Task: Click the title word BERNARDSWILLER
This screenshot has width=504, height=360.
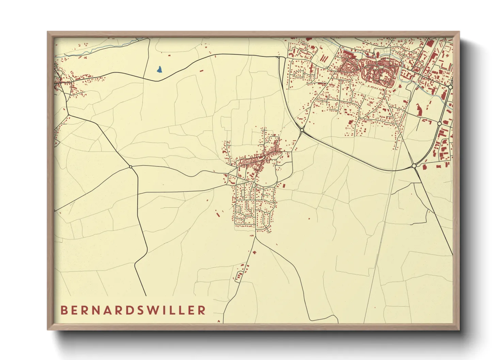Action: pos(133,310)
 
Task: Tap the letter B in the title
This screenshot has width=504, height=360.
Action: pos(64,310)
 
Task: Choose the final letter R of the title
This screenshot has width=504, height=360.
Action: pos(202,310)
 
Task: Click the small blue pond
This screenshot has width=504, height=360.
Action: pos(159,69)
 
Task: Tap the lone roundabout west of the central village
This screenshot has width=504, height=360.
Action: pos(130,167)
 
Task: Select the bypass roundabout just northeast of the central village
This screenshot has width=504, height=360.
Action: pos(302,130)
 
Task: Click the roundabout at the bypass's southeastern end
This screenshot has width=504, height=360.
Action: pos(414,166)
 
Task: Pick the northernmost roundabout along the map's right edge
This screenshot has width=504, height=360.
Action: pos(450,87)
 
